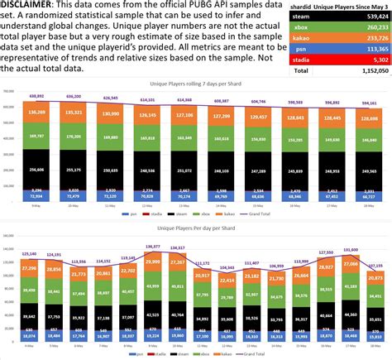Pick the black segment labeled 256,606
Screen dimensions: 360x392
[37, 170]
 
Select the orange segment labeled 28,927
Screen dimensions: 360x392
[326, 266]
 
